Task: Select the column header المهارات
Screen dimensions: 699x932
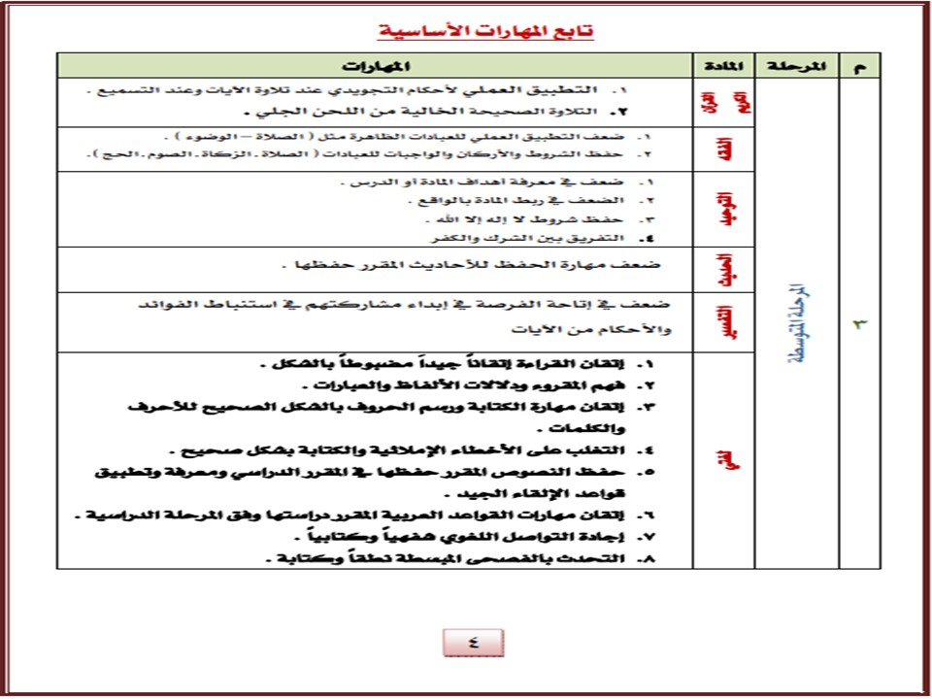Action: coord(373,66)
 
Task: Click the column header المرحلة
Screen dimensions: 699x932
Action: coord(795,66)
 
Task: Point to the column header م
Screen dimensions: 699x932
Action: coord(858,66)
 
